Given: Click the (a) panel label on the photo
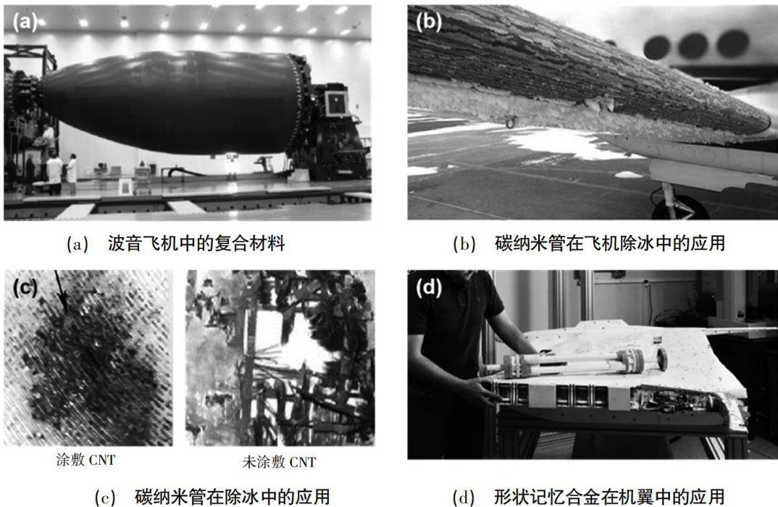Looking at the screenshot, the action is coord(25,22).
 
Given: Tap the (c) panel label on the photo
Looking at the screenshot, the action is coord(25,287).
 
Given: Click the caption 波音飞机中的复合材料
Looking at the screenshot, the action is coord(196,243).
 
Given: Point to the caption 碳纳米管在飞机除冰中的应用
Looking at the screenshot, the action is coord(610,243).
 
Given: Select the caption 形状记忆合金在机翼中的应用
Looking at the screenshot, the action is coord(609,497).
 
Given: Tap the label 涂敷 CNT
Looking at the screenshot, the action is coord(85,460).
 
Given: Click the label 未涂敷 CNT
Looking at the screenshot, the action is coord(279,462).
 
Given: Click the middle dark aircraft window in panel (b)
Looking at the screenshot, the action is coord(693,46).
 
